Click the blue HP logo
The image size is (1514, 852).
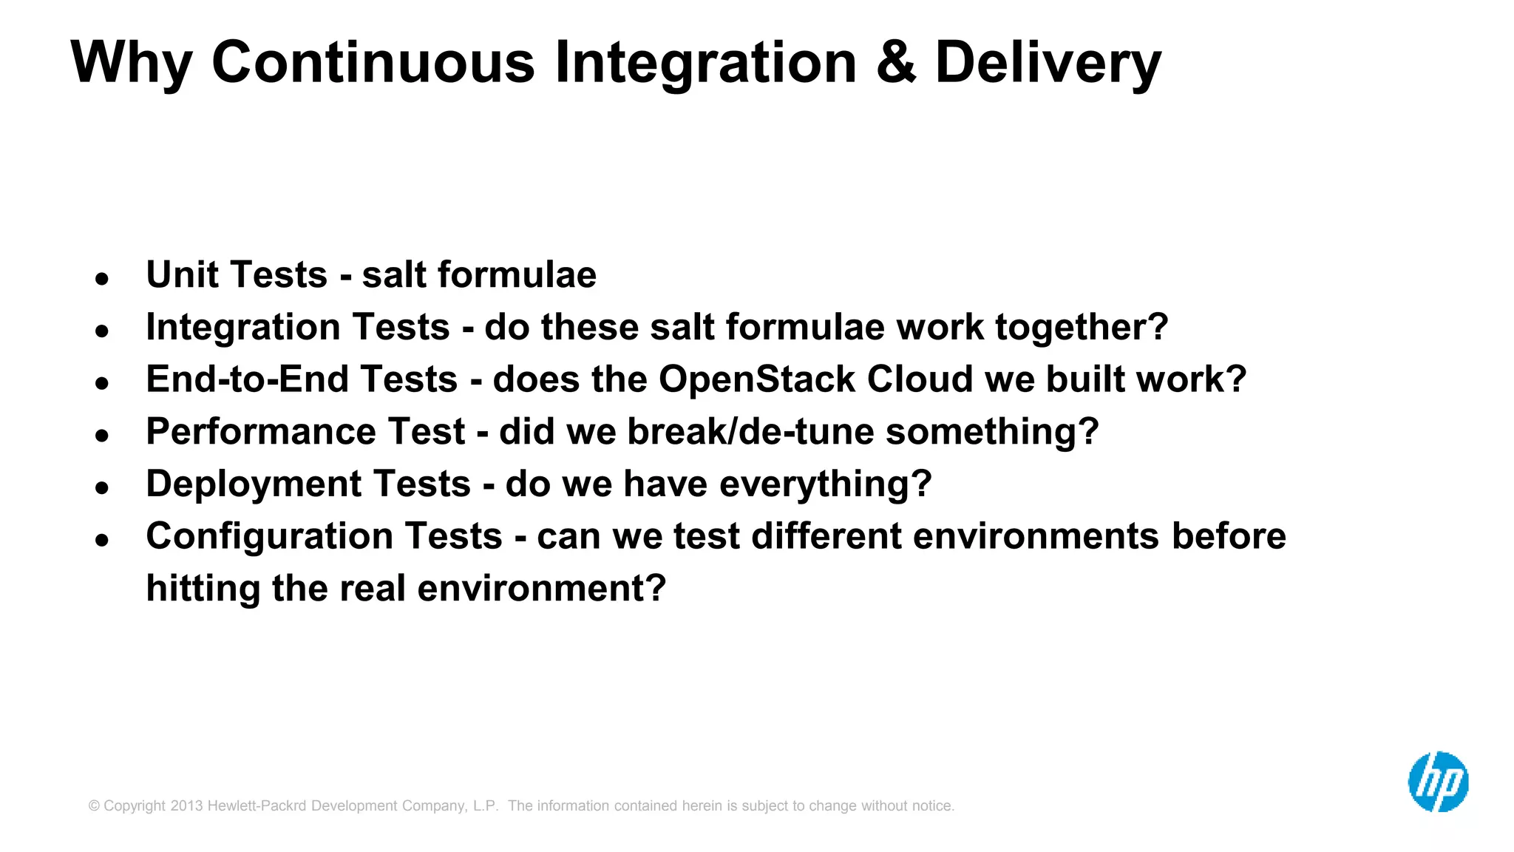coord(1437,782)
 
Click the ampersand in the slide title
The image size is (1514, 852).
coord(896,62)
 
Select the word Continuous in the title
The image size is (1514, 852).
coord(373,62)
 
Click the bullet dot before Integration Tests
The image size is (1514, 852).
coord(102,331)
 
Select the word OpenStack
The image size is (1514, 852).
coord(756,379)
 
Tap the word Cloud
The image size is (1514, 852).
coord(919,379)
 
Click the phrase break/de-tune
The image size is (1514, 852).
coord(750,431)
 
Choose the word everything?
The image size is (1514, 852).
coord(825,484)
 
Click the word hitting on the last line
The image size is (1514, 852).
coord(203,589)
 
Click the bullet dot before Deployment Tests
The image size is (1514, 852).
coord(102,487)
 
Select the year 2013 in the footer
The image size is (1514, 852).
coord(186,805)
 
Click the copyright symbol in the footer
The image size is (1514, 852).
coord(94,805)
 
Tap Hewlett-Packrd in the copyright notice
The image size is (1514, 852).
coord(257,805)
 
